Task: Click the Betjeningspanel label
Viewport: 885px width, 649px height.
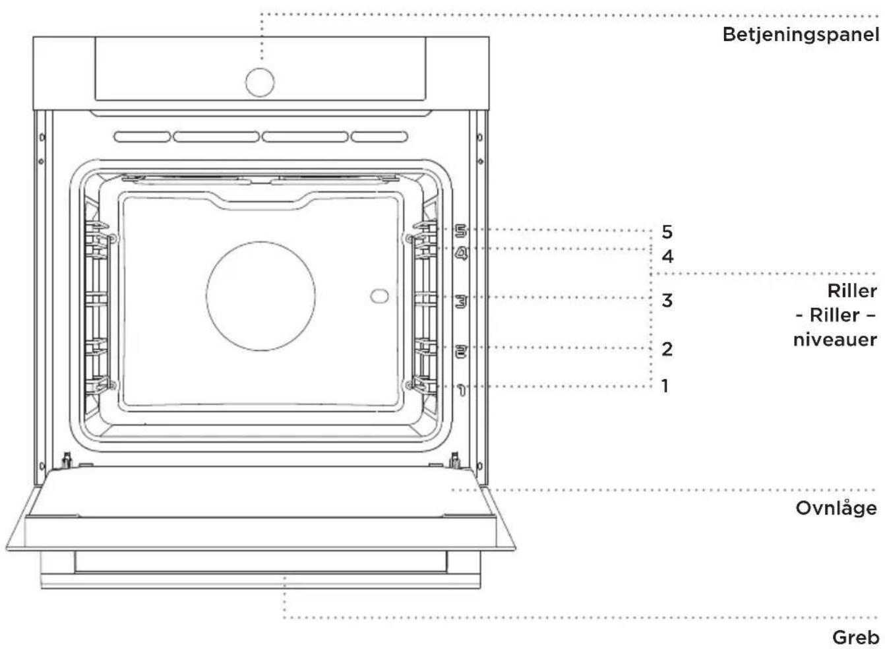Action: coord(801,36)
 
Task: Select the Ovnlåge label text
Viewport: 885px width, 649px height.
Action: coord(836,508)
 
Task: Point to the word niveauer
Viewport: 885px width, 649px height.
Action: coord(835,340)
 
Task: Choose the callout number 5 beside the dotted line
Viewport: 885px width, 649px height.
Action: coord(667,232)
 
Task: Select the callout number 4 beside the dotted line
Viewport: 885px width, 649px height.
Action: coord(667,257)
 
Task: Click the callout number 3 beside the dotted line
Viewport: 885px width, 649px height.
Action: coord(667,300)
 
